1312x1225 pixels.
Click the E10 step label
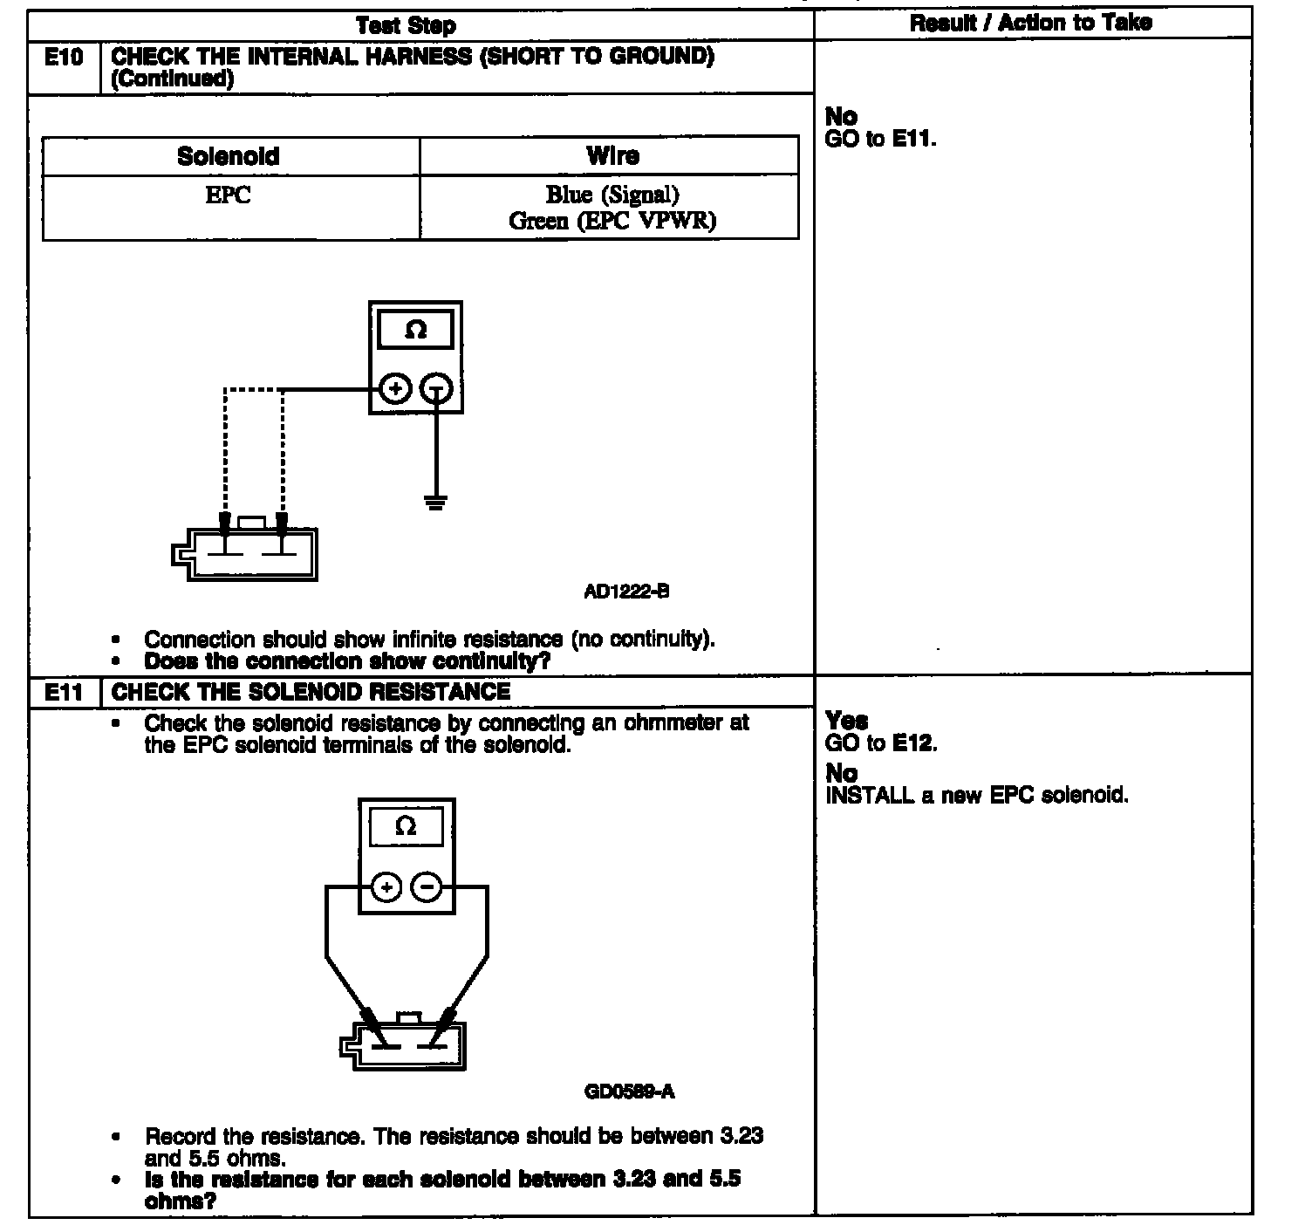point(64,58)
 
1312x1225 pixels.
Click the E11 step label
point(64,693)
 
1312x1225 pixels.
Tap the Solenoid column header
point(229,156)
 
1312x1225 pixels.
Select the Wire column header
point(612,156)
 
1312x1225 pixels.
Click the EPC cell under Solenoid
point(229,195)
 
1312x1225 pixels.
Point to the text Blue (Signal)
point(612,195)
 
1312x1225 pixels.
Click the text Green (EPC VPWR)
point(612,221)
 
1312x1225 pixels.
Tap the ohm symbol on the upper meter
point(416,331)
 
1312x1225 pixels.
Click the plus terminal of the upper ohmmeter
point(396,389)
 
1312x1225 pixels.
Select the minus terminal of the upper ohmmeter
point(437,389)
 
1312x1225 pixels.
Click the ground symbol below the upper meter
point(436,502)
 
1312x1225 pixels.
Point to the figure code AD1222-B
point(626,592)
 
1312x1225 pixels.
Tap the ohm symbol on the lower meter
point(407,826)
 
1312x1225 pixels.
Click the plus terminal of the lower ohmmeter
point(387,888)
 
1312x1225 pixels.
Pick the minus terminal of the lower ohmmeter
point(427,888)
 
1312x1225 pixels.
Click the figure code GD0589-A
point(630,1092)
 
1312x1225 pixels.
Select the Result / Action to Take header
point(1030,23)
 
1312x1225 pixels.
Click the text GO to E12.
point(881,743)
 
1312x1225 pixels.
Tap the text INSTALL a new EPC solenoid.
point(977,796)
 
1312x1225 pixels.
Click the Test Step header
point(406,25)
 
